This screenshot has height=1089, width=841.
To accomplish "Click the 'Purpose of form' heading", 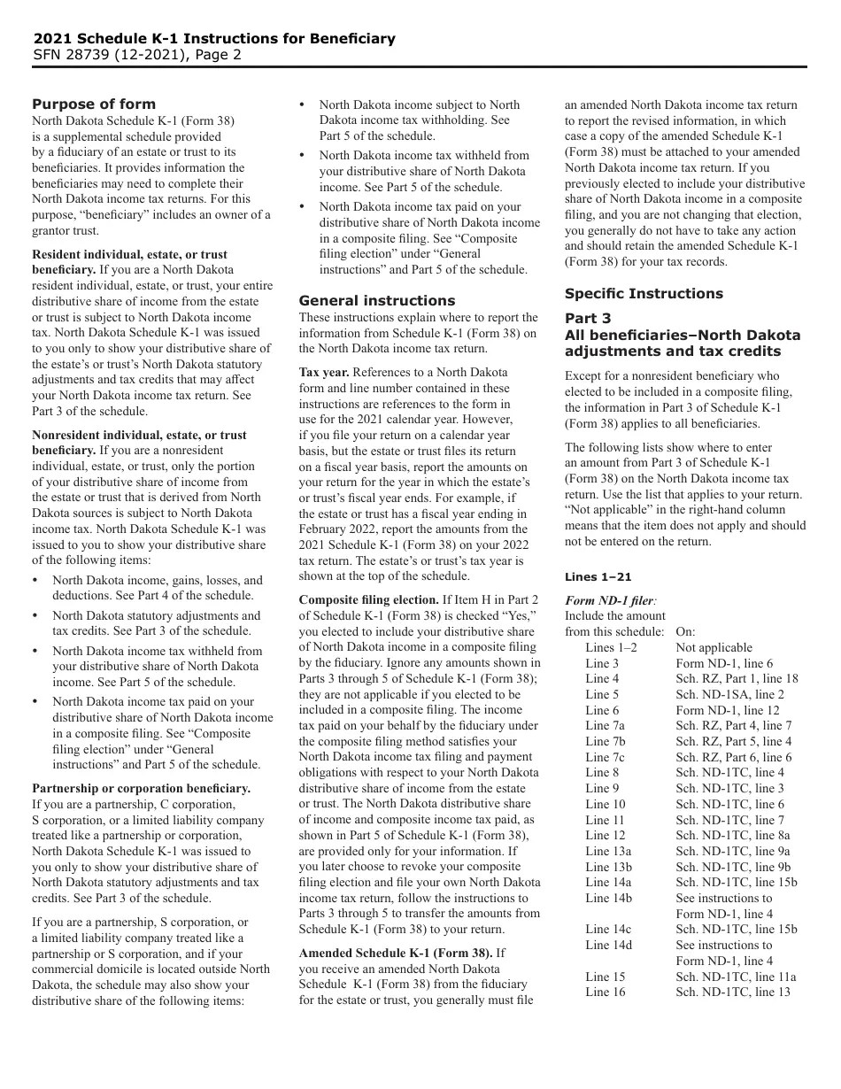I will [x=94, y=104].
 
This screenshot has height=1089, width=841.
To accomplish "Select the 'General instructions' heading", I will [x=377, y=300].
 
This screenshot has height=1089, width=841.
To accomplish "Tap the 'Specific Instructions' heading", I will [x=644, y=293].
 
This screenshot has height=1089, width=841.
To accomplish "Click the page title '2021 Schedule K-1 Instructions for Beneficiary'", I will [x=214, y=39].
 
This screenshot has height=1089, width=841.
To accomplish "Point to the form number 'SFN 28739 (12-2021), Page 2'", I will [x=137, y=55].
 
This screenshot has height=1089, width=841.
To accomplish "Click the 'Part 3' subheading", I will [x=588, y=319].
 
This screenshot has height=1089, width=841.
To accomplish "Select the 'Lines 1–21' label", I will [x=598, y=577].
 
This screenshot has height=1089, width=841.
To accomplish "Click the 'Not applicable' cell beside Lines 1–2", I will [x=714, y=647].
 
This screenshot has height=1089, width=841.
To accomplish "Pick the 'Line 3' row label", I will [x=602, y=663].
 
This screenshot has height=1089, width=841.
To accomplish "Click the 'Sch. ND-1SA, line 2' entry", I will [x=729, y=694].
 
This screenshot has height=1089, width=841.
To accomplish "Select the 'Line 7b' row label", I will [x=606, y=741].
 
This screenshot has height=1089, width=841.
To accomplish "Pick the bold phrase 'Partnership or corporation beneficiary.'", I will [x=142, y=788].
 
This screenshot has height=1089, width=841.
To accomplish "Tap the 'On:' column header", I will [x=685, y=632].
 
